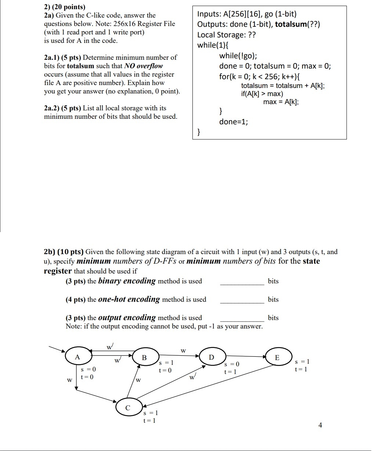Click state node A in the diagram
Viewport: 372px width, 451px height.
coord(77,357)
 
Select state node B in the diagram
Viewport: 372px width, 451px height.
coord(144,357)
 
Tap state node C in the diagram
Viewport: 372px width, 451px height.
coord(128,407)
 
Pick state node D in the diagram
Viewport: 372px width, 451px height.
coord(211,357)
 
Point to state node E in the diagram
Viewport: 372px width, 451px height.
coord(277,357)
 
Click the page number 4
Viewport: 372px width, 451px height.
coord(320,425)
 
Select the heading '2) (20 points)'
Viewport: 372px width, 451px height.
coord(65,7)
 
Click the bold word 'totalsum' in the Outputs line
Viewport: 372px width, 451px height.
coord(291,25)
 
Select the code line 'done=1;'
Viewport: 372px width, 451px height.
coord(233,122)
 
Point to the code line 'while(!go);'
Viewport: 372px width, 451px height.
coord(238,56)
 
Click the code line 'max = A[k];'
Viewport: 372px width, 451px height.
coord(281,102)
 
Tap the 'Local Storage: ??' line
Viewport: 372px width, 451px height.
coord(227,35)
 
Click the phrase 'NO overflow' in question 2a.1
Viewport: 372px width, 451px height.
coord(144,66)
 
